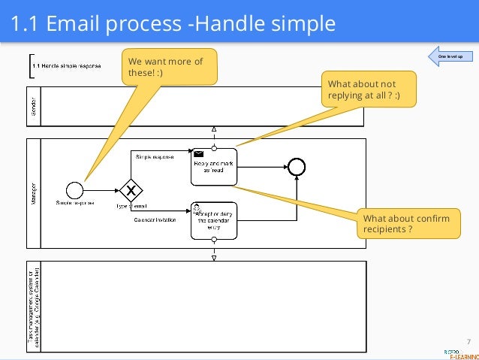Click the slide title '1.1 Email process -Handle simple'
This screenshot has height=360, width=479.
coord(173,24)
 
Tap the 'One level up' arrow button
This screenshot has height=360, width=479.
coord(449,56)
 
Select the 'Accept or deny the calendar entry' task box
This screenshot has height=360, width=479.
coord(214,220)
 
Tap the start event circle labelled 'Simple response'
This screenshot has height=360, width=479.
coord(74,189)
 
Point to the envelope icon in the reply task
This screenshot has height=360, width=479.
coord(199,153)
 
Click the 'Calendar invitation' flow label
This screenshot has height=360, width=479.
coord(155,220)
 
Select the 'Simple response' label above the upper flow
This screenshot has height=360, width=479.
coord(155,156)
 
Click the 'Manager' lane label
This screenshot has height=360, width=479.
coord(35,193)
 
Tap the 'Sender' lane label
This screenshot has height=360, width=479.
coord(35,106)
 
